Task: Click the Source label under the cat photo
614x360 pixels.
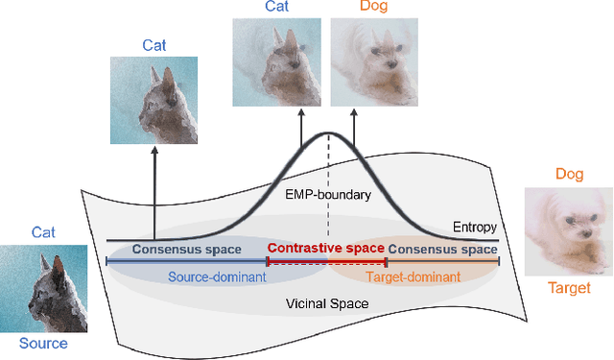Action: coord(44,344)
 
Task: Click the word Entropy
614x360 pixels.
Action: coord(474,228)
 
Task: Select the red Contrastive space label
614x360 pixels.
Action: coord(326,249)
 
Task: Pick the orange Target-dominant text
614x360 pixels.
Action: coord(413,277)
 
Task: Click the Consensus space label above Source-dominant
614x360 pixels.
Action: coord(185,249)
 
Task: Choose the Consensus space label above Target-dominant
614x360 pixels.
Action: coord(443,249)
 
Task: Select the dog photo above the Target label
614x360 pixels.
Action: coord(569,228)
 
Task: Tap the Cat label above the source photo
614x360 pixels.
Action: coord(44,232)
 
